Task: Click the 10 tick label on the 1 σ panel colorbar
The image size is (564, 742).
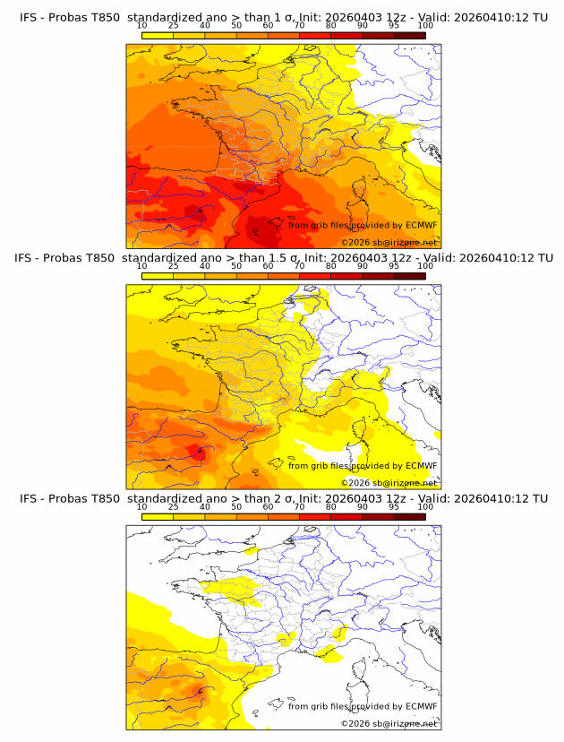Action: click(x=142, y=25)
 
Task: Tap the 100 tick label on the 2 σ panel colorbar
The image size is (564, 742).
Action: click(x=425, y=506)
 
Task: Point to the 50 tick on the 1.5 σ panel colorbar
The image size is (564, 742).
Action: click(x=236, y=265)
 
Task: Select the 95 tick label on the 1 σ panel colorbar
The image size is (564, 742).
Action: click(x=394, y=25)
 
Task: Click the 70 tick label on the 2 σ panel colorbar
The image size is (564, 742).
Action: click(x=299, y=506)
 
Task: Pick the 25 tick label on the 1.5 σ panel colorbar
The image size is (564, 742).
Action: click(x=174, y=265)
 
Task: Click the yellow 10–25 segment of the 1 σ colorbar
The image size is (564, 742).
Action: click(x=158, y=35)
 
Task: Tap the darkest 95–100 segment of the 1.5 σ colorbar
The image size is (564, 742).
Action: click(x=409, y=275)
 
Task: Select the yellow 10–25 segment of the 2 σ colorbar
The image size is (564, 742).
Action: click(x=158, y=516)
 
